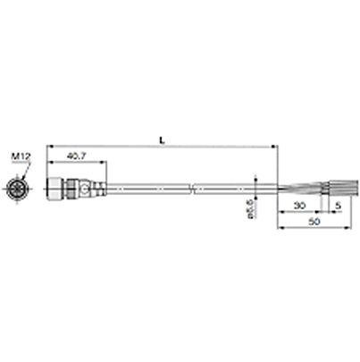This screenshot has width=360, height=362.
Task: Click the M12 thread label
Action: (21, 157)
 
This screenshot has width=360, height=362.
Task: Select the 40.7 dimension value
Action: (78, 157)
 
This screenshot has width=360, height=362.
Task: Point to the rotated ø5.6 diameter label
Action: (250, 211)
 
